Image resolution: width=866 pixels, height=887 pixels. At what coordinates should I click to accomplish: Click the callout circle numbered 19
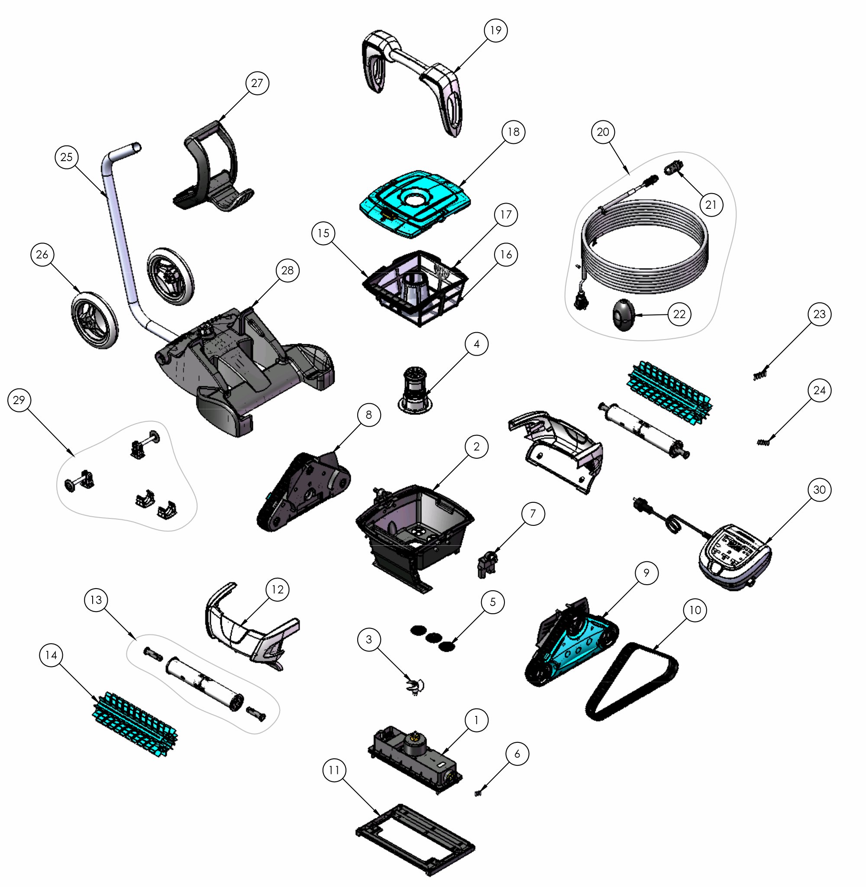(495, 30)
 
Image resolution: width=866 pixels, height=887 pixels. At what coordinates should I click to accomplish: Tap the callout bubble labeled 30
(819, 489)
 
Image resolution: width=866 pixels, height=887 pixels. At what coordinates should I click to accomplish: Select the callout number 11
(334, 770)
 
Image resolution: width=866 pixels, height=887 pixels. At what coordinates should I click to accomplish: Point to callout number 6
(517, 753)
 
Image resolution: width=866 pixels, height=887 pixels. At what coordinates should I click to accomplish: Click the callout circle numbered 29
(19, 400)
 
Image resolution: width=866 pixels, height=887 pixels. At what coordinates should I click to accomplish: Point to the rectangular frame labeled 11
(415, 840)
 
